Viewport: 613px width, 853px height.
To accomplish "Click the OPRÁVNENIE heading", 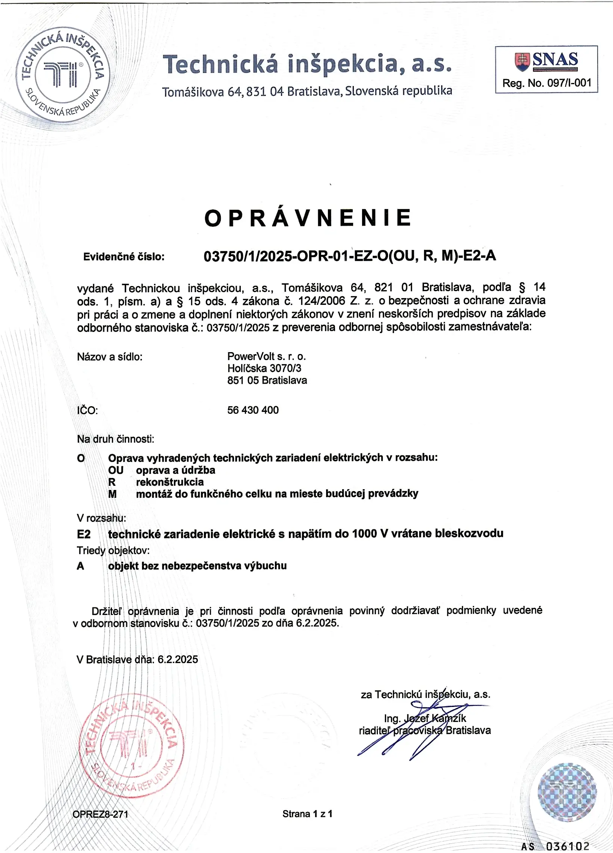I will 308,218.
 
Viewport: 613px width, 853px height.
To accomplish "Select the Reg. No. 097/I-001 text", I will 547,83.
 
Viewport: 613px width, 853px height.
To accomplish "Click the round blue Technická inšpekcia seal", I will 63,74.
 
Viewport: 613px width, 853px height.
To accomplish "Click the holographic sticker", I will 567,792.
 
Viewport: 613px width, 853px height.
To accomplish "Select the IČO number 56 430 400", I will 253,410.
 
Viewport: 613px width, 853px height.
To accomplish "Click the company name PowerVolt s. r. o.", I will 266,356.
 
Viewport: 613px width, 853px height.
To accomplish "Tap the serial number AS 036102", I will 555,846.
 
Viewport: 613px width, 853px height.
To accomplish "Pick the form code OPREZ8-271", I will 100,814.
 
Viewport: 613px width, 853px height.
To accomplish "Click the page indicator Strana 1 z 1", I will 308,814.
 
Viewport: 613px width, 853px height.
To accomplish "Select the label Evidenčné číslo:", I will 124,257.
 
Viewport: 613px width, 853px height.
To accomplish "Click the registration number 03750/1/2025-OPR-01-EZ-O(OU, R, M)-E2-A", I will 350,256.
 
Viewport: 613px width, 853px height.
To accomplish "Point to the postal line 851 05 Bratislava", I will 267,380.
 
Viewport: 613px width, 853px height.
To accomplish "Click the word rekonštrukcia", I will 170,482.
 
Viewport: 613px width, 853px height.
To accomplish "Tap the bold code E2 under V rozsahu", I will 83,534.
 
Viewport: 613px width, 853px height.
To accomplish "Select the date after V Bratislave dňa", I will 178,659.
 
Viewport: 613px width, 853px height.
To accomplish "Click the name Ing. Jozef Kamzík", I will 425,718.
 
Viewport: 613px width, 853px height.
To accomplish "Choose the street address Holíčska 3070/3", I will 264,368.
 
